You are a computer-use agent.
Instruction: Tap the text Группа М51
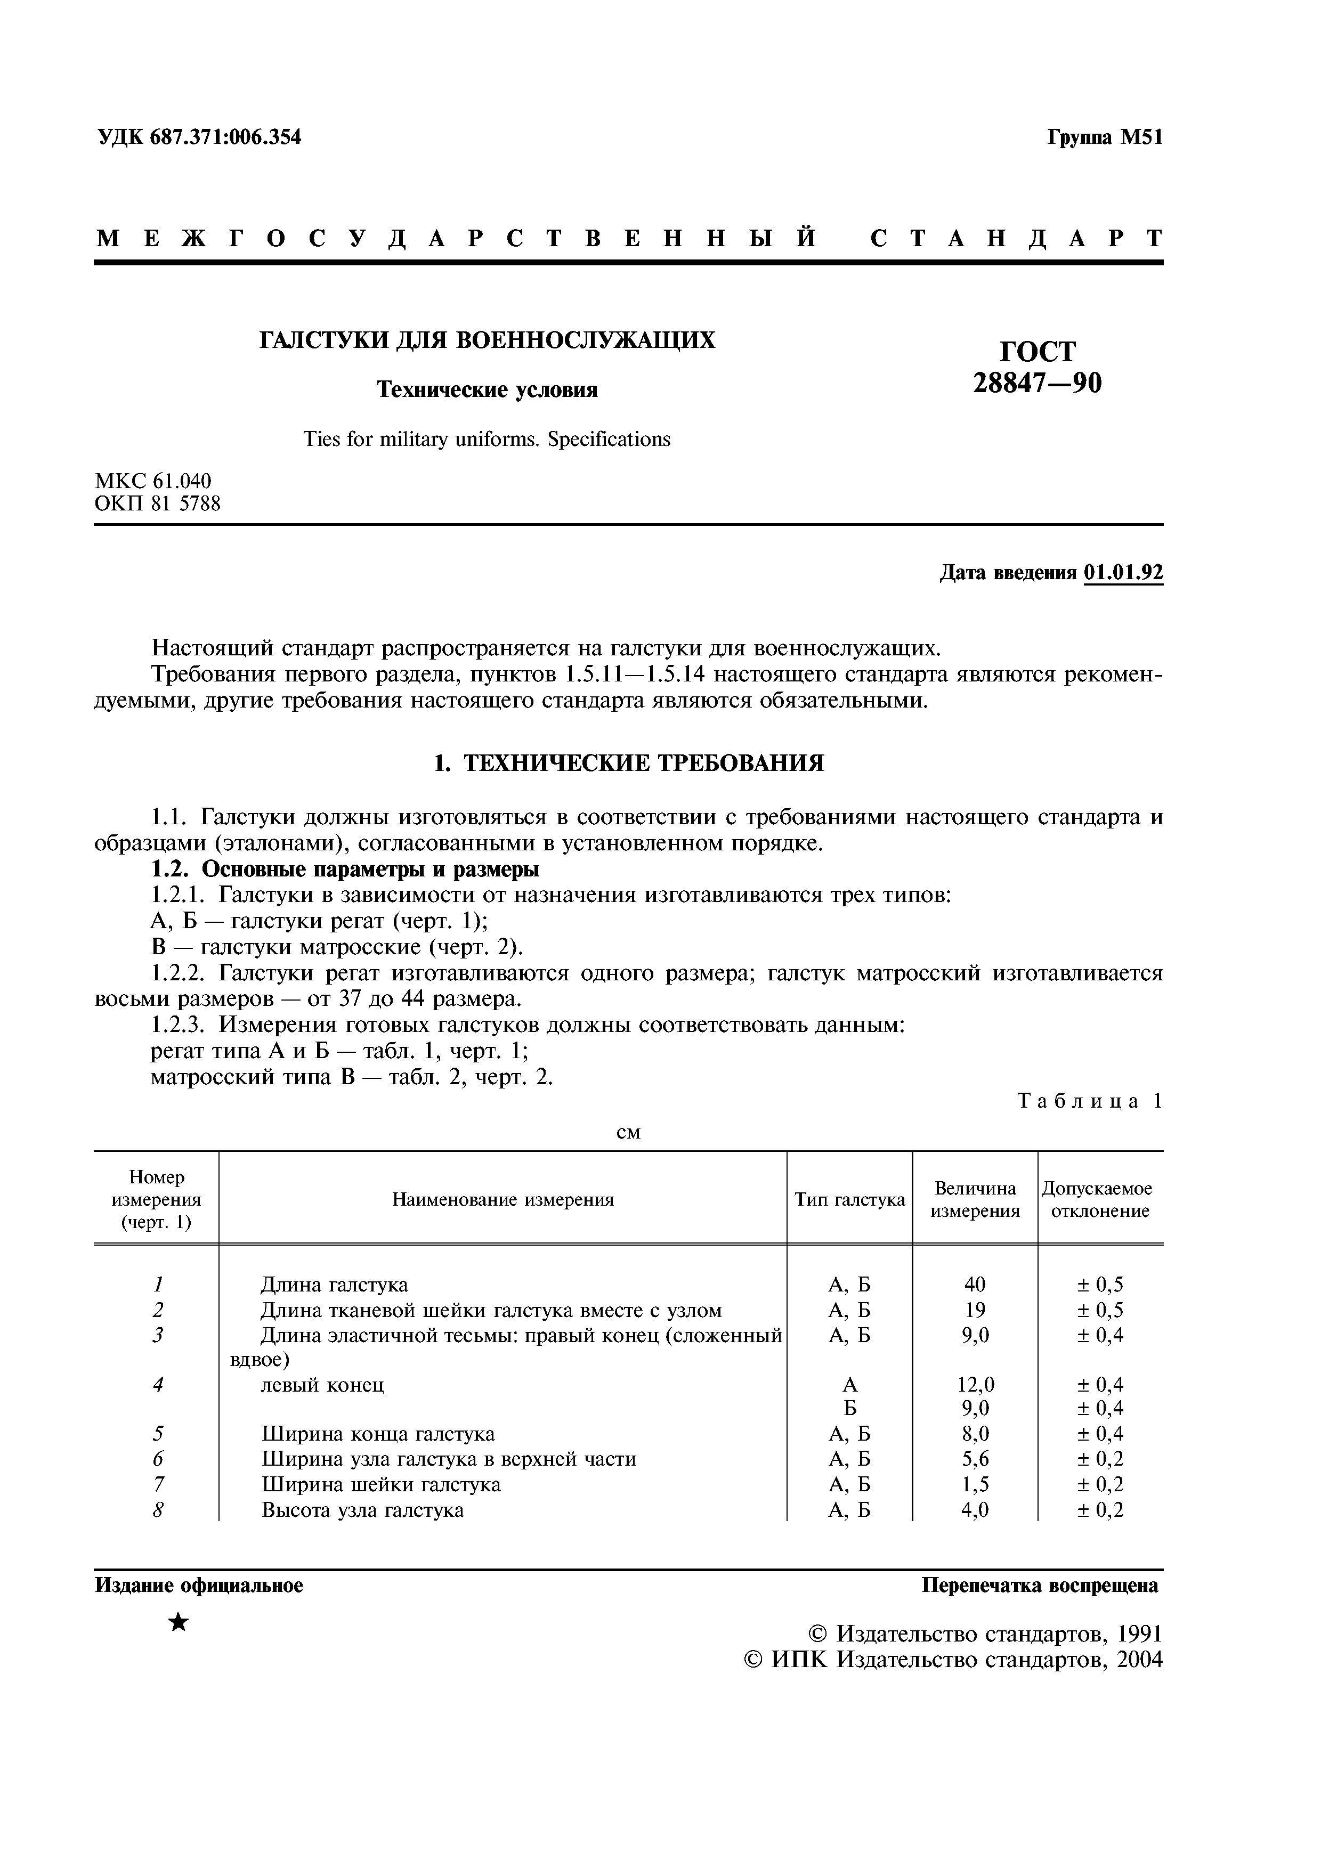(x=1105, y=137)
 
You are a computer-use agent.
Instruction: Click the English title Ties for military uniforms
(x=486, y=440)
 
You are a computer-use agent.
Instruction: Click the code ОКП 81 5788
(x=158, y=504)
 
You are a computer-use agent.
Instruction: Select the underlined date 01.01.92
(x=1123, y=573)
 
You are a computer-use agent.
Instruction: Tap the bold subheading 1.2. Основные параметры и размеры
(x=345, y=870)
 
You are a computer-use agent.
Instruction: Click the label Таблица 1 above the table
(x=1090, y=1101)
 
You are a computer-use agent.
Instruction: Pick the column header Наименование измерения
(x=503, y=1199)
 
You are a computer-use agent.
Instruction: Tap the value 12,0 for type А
(x=974, y=1385)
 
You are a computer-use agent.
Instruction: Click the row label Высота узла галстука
(x=363, y=1510)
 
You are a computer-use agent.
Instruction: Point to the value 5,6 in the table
(x=974, y=1459)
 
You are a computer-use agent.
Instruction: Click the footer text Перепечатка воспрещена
(x=1040, y=1586)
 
